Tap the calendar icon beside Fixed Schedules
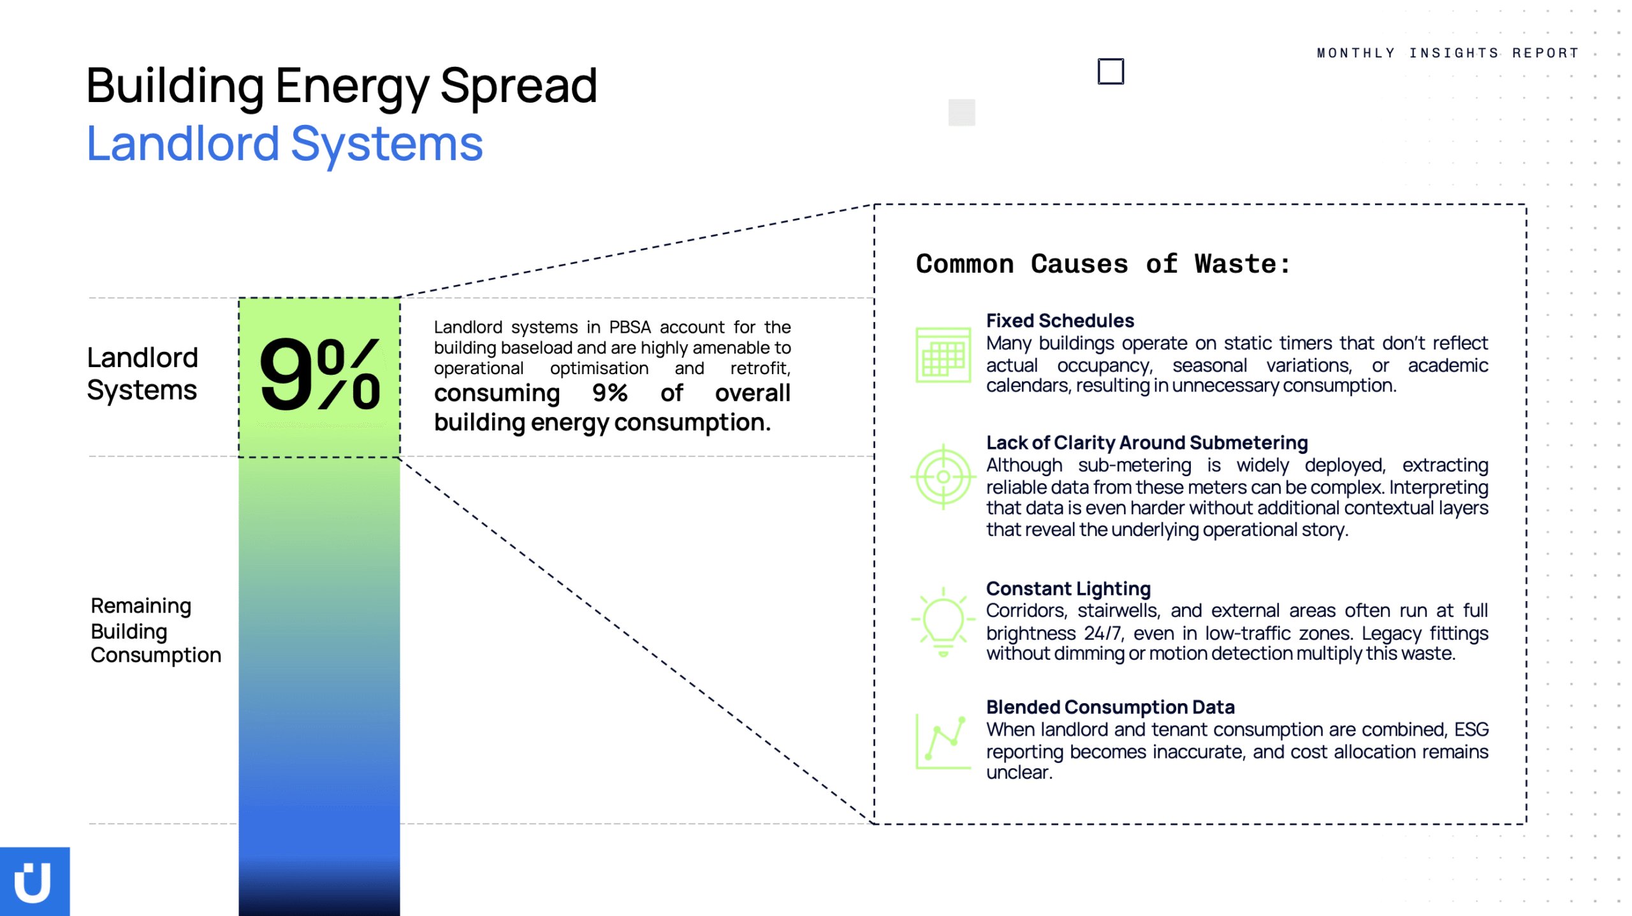coord(943,354)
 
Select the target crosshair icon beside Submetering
coord(943,476)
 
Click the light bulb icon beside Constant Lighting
coord(943,622)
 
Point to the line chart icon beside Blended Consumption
coord(943,742)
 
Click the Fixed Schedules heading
coord(1060,320)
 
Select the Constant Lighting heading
coord(1068,588)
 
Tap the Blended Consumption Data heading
coord(1110,707)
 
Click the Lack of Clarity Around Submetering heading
coord(1146,442)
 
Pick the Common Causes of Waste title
coord(1103,264)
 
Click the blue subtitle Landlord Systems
coord(284,144)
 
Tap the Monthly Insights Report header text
coord(1447,53)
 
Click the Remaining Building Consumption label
coord(156,630)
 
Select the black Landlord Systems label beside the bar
coord(142,374)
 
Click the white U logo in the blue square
coord(33,882)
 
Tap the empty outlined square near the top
coord(1111,59)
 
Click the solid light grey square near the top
coord(961,113)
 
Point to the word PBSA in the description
coord(630,327)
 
